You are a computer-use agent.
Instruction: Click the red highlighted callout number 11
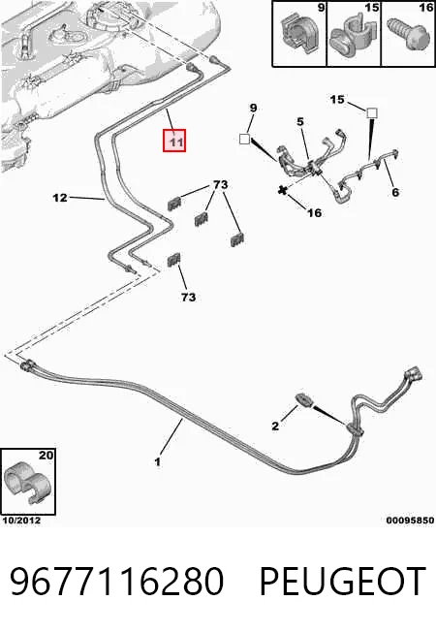(x=174, y=141)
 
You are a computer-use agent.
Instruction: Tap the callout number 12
(x=60, y=198)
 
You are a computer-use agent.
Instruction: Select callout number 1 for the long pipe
(x=158, y=461)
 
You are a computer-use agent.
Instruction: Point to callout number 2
(x=275, y=426)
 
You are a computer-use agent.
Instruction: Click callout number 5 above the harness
(x=300, y=121)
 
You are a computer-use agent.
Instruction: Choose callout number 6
(x=395, y=192)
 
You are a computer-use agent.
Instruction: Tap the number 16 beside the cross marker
(x=314, y=212)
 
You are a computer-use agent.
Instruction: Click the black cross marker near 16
(x=283, y=190)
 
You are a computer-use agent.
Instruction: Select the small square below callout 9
(x=244, y=139)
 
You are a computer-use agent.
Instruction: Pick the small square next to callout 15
(x=372, y=112)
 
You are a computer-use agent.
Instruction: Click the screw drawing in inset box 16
(x=406, y=36)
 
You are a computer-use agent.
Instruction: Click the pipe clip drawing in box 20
(x=27, y=484)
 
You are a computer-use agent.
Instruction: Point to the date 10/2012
(x=21, y=521)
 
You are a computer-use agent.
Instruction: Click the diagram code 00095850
(x=410, y=521)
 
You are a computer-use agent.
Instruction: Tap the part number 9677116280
(x=117, y=581)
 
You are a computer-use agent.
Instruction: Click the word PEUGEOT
(x=343, y=581)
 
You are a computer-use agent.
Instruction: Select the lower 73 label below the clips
(x=188, y=297)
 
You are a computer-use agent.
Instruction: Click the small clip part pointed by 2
(x=304, y=400)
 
